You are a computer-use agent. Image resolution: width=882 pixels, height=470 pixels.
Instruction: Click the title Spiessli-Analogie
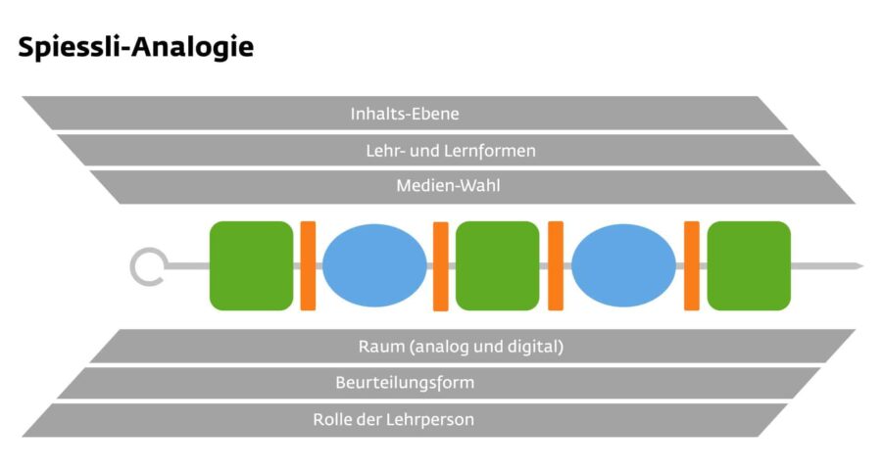136,46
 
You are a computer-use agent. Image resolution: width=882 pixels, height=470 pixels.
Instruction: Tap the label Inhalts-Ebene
405,114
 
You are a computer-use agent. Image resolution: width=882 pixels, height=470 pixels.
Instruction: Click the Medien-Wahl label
448,186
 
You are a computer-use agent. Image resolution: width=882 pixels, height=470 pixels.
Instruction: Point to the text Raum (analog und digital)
461,347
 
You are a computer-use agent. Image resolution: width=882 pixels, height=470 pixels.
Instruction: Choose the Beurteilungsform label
405,383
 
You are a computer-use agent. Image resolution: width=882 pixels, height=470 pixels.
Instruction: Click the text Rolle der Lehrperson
394,419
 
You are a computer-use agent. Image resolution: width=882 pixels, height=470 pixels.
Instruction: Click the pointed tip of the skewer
857,265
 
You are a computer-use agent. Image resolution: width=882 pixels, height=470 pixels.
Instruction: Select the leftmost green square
251,265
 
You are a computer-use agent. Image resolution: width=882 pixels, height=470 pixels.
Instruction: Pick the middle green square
498,265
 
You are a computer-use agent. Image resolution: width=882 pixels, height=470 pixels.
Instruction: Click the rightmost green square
749,265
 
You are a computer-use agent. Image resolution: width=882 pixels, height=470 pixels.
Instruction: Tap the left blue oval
374,265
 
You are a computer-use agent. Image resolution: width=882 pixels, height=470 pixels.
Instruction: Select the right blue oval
624,265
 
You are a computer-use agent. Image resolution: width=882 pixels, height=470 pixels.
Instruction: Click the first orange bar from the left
308,265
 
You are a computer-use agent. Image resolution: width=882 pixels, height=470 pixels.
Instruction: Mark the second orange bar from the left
441,265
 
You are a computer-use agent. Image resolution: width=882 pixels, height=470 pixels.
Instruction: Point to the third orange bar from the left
556,265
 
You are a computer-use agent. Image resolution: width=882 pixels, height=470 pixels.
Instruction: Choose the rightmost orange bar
692,265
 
